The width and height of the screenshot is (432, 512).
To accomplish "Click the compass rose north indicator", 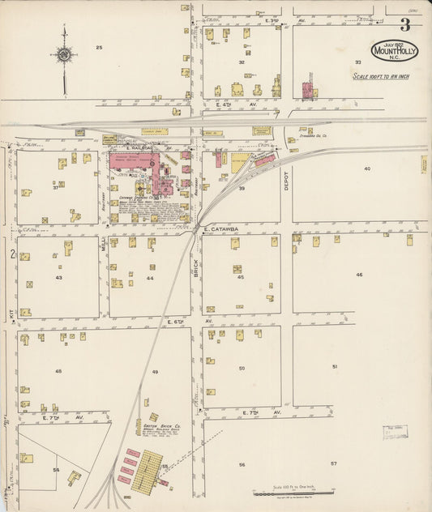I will pos(63,55).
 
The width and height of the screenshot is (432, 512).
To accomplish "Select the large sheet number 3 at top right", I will pos(404,24).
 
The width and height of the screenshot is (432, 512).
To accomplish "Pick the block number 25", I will pos(99,48).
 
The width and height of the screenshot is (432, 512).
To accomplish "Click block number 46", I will pos(359,275).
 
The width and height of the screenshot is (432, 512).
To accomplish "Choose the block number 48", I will pos(58,371).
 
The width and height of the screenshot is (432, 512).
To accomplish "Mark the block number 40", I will pos(366,169).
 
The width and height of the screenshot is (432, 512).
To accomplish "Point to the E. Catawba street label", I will pos(219,229).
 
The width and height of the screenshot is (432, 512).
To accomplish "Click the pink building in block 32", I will pos(307,89).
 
